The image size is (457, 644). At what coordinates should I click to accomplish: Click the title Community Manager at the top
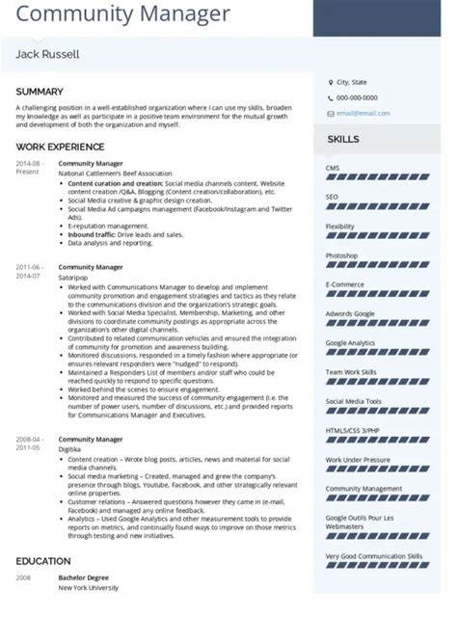click(x=122, y=14)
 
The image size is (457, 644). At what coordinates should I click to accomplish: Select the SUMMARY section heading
click(x=40, y=92)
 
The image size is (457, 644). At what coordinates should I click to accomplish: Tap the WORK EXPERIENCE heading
click(x=60, y=147)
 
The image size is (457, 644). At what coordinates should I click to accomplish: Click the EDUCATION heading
click(x=43, y=560)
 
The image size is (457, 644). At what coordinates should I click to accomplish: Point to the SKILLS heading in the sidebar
click(x=344, y=140)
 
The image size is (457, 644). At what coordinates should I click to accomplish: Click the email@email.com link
click(x=363, y=113)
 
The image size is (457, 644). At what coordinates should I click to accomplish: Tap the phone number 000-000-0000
click(x=357, y=97)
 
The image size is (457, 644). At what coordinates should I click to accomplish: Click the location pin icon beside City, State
click(x=328, y=83)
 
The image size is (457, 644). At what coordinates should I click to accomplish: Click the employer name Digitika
click(x=71, y=448)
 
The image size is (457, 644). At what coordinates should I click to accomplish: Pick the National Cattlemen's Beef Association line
click(x=115, y=173)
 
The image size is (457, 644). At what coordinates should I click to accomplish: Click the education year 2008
click(x=23, y=577)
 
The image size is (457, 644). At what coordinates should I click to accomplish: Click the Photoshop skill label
click(x=342, y=255)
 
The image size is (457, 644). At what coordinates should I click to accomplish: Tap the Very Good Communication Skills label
click(x=374, y=556)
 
